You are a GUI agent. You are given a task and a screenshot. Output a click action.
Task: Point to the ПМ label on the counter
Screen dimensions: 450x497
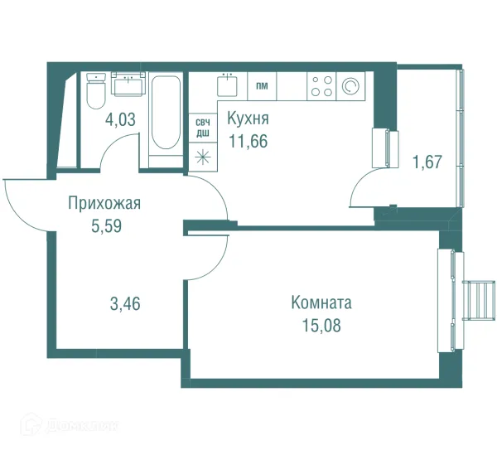pos(262,85)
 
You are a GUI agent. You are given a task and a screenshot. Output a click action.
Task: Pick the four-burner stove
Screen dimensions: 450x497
pos(321,85)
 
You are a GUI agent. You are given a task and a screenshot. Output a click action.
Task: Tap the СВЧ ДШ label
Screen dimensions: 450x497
pos(202,127)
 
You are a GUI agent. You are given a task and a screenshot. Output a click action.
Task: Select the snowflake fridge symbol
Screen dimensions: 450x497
pos(202,155)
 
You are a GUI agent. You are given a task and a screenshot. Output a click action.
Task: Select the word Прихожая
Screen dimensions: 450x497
pos(105,203)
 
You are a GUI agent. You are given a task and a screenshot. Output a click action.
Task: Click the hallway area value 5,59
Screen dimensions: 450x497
pos(105,225)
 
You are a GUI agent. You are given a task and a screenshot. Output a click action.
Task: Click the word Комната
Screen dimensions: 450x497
pos(322,302)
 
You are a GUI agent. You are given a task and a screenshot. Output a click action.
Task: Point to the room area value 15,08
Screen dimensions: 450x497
pos(322,324)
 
